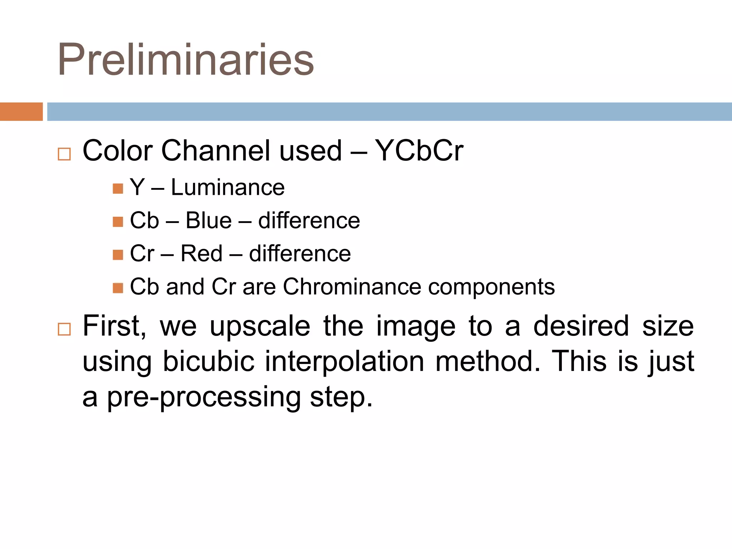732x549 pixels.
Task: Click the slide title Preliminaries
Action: [x=186, y=60]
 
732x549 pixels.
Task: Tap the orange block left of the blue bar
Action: [x=21, y=112]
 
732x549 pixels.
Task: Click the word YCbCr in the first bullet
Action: [x=419, y=151]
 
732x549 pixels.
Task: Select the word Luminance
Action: [x=228, y=187]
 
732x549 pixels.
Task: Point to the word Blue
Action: [x=208, y=221]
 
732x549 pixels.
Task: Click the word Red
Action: [x=201, y=253]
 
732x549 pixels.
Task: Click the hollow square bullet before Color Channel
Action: [x=64, y=154]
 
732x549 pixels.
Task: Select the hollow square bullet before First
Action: [x=64, y=329]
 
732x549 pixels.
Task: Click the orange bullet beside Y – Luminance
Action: [x=118, y=189]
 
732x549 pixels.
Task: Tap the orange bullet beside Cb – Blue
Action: [x=118, y=222]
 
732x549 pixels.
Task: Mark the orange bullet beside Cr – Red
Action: [x=118, y=255]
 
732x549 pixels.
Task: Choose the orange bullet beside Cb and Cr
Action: [x=118, y=288]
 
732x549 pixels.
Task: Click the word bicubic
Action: [x=208, y=361]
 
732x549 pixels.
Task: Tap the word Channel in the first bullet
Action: [x=216, y=151]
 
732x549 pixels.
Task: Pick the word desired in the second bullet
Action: [x=581, y=326]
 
